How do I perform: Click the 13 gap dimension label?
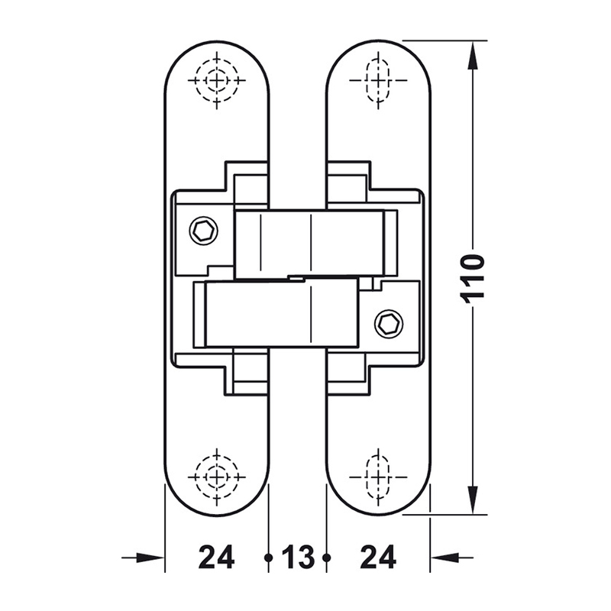[298, 558]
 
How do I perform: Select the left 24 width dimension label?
[217, 558]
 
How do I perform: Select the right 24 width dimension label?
[378, 558]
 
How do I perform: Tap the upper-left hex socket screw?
[203, 231]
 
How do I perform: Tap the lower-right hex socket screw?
[389, 323]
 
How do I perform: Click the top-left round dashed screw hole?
[217, 81]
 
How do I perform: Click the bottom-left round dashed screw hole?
[217, 477]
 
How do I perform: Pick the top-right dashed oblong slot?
[378, 80]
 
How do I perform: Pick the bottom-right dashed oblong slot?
[378, 477]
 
